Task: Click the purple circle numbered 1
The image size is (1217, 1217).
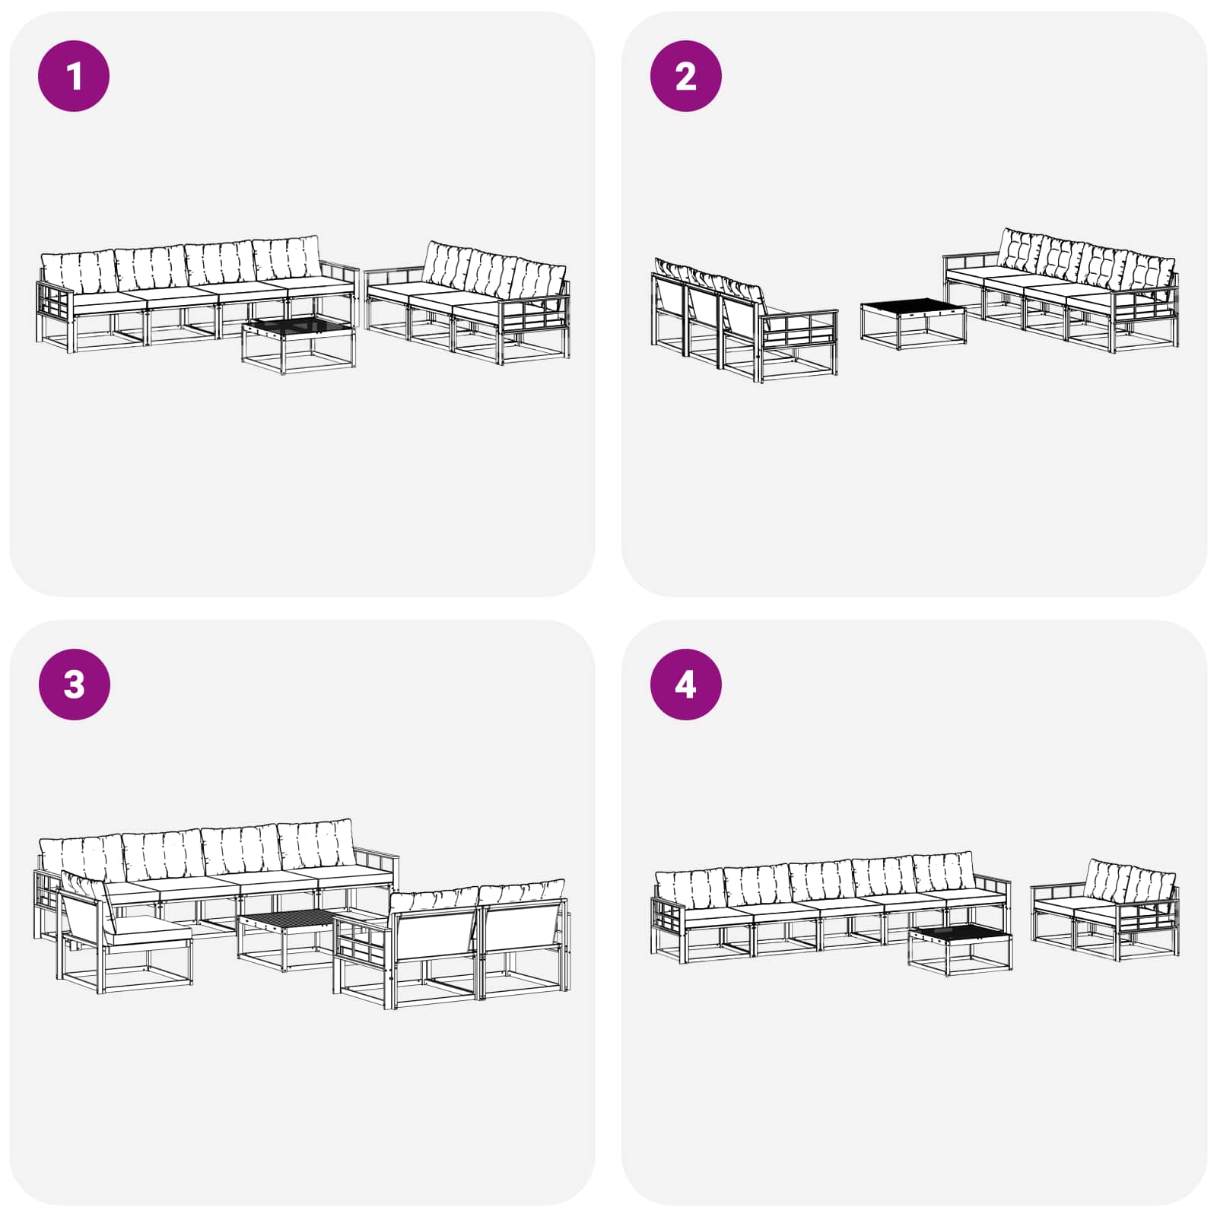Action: (74, 76)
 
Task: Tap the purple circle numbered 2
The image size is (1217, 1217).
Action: (685, 76)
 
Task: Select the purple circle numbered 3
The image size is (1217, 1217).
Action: (74, 684)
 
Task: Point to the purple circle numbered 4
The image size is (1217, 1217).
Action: (685, 684)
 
